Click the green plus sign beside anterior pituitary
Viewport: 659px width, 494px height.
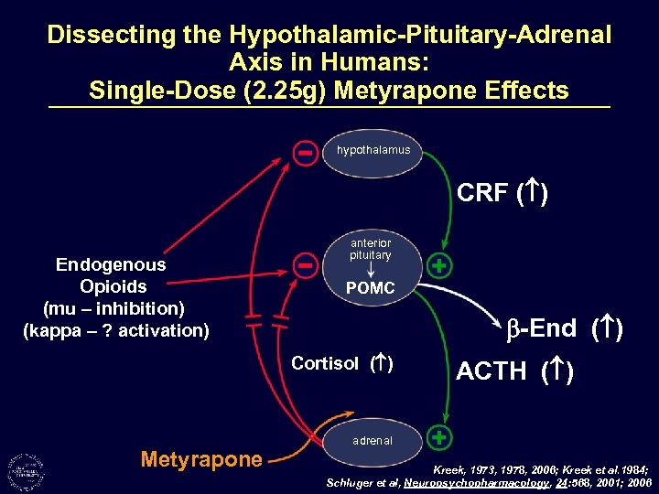click(x=440, y=266)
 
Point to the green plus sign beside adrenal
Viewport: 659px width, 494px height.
click(x=440, y=436)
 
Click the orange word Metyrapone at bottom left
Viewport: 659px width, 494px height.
click(x=201, y=460)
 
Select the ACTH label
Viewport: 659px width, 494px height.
click(x=492, y=371)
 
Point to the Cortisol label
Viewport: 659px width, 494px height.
click(x=325, y=363)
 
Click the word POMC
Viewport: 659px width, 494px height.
click(x=371, y=289)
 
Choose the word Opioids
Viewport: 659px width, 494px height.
click(x=113, y=286)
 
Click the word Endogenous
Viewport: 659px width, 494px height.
click(x=111, y=264)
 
